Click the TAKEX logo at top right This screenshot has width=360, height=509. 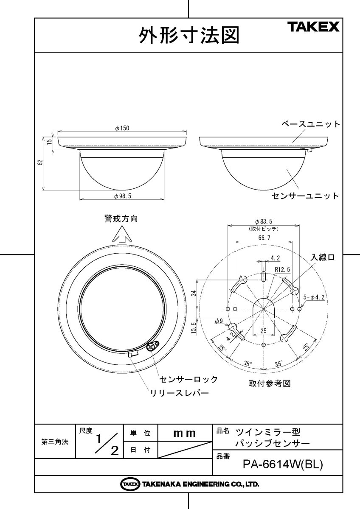314,27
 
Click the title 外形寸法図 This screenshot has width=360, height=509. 189,36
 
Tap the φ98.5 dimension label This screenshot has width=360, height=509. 122,196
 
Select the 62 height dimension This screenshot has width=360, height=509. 40,163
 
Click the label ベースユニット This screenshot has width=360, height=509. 311,124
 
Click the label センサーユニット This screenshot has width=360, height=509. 305,196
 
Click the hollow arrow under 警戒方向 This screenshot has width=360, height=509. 121,234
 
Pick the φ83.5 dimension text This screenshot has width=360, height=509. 264,221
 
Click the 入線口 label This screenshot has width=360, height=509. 322,257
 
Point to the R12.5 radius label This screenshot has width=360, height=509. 282,269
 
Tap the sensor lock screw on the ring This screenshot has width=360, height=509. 151,347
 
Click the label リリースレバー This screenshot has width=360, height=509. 180,393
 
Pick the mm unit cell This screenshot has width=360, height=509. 184,433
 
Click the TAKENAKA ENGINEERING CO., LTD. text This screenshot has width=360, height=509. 200,484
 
